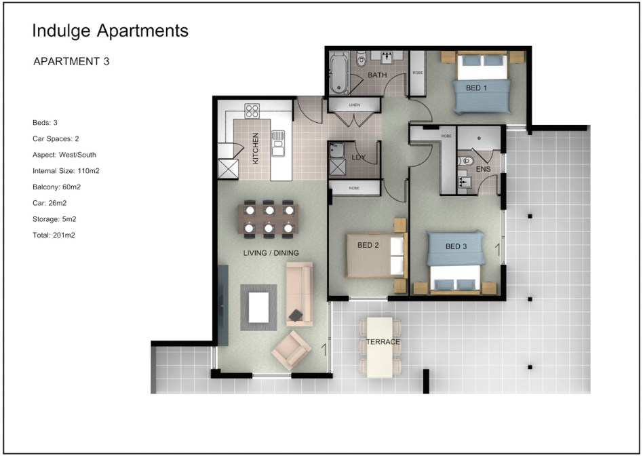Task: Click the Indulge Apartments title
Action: (x=110, y=31)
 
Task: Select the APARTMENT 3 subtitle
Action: (x=71, y=62)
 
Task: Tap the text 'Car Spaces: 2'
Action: (x=56, y=138)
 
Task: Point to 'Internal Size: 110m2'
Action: (x=66, y=171)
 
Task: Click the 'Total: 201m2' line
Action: (x=54, y=235)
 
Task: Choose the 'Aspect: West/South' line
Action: (x=64, y=155)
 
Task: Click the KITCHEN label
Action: (x=256, y=149)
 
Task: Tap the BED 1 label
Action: (x=477, y=88)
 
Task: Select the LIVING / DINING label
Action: (x=271, y=253)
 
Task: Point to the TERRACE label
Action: (x=383, y=342)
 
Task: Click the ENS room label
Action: (x=483, y=169)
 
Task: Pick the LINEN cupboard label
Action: (x=354, y=105)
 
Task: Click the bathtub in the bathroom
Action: (x=339, y=73)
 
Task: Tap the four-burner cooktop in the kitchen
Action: (x=252, y=111)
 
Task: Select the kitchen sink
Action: (x=278, y=143)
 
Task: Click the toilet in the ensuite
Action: (x=466, y=161)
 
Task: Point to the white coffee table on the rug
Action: (x=258, y=307)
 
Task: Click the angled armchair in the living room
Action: (x=291, y=350)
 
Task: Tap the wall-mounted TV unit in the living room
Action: (x=222, y=305)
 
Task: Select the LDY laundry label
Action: (x=358, y=157)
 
